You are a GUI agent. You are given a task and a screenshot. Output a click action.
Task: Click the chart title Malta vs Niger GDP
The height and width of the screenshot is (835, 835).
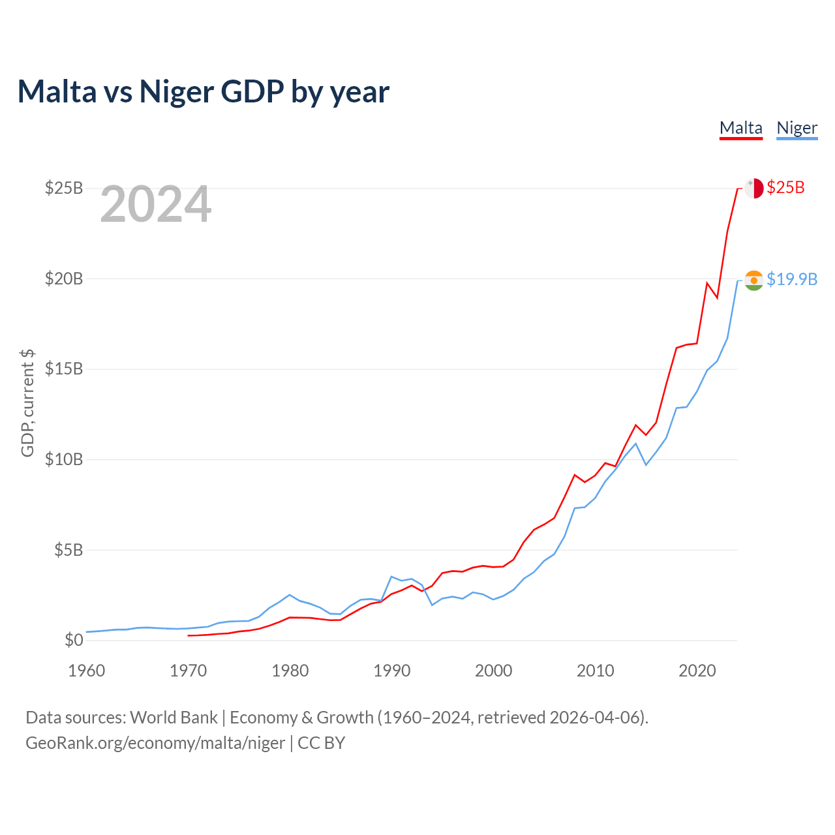203,91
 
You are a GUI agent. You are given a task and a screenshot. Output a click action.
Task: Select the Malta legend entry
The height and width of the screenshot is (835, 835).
740,128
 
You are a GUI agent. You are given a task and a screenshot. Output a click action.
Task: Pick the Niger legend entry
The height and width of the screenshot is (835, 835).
797,128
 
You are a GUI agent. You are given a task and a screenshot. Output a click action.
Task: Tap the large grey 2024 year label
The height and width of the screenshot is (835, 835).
155,205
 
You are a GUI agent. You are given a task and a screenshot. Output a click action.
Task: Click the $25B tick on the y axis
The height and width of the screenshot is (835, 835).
64,188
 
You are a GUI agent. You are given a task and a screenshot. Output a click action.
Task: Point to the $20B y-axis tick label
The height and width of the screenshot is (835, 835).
64,279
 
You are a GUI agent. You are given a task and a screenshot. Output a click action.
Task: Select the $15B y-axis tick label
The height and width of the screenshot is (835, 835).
64,369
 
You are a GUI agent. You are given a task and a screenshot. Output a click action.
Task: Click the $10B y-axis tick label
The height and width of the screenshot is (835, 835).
64,459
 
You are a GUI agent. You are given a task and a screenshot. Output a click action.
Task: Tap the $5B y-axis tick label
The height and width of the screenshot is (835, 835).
68,550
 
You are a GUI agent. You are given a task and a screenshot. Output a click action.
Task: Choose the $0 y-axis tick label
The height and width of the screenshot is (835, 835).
74,640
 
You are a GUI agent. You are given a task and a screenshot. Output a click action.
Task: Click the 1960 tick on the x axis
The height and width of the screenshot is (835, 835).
87,671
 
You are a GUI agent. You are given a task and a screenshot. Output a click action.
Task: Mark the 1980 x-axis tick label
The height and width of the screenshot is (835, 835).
290,671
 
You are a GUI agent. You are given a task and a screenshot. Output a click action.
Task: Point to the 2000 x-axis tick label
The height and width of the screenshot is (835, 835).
494,671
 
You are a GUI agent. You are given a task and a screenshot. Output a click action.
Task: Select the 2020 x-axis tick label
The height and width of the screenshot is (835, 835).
697,671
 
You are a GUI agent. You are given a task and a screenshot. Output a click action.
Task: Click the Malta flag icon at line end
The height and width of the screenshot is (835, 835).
753,188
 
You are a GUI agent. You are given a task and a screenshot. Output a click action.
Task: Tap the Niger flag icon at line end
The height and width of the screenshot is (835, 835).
753,280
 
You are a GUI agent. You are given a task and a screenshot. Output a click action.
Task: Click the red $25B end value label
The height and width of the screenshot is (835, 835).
785,188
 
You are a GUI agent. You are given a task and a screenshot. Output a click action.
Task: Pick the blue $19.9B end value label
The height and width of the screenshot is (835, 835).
792,279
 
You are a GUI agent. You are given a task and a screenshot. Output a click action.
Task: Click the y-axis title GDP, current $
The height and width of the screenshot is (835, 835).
27,402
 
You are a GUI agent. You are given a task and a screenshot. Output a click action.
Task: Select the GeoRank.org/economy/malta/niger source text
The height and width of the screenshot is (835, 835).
155,743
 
